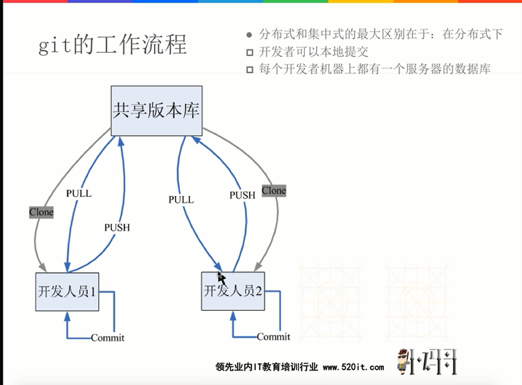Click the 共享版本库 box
tap(156, 111)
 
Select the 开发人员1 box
tap(67, 292)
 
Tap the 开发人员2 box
tap(233, 291)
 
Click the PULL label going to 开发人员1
tap(79, 193)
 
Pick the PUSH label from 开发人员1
tap(117, 227)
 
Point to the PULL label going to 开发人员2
tap(181, 200)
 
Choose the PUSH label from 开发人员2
tap(242, 195)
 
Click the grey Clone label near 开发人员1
tap(41, 212)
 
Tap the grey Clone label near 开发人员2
tap(274, 191)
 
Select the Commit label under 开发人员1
tap(108, 338)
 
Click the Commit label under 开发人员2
tap(273, 337)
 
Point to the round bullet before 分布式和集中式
tap(249, 35)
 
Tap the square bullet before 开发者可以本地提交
tap(250, 52)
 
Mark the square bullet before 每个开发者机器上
tap(250, 70)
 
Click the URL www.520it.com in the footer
tap(353, 367)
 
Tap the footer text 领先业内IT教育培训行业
tap(267, 367)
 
